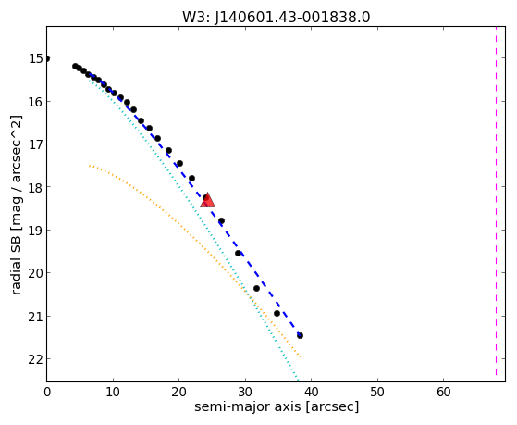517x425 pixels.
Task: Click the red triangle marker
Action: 208,200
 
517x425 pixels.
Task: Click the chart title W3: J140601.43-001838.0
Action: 276,17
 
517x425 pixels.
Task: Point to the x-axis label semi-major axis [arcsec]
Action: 277,406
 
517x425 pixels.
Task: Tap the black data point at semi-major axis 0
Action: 47,58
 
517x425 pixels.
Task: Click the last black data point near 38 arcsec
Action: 300,335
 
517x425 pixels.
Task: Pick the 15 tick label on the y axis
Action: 36,58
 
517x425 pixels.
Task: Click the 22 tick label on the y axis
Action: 36,359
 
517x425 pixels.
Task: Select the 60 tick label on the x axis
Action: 443,393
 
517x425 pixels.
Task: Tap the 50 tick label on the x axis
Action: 377,393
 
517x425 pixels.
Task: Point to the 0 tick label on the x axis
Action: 47,393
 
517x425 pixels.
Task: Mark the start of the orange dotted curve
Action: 90,166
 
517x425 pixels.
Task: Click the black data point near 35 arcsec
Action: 277,313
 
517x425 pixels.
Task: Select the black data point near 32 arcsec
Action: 256,288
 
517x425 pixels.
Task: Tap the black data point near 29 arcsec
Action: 238,254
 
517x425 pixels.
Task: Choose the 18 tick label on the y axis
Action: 36,187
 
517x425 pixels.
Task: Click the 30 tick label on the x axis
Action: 245,393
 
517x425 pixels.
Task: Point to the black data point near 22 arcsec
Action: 191,179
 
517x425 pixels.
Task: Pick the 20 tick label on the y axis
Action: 36,273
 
